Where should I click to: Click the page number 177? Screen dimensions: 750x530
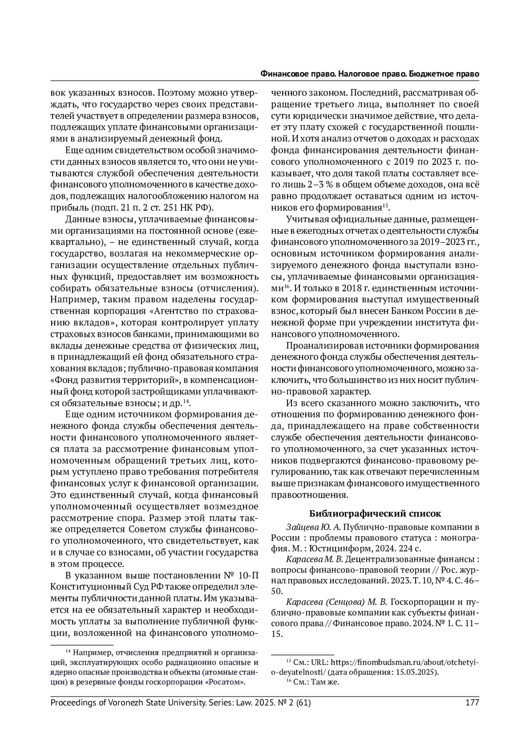click(x=472, y=702)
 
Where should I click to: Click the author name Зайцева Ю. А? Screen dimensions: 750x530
click(x=313, y=527)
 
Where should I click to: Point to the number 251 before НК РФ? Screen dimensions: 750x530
click(x=175, y=207)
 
